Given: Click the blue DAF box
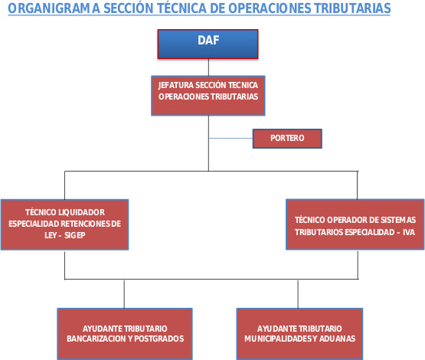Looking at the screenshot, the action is pyautogui.click(x=208, y=44).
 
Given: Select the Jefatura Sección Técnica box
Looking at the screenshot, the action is pyautogui.click(x=208, y=96).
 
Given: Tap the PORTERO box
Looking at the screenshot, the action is pyautogui.click(x=287, y=139).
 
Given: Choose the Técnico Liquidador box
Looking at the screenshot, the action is pyautogui.click(x=65, y=224).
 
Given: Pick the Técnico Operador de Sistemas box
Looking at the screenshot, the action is pyautogui.click(x=355, y=224).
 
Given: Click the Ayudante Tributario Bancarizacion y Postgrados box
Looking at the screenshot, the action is pyautogui.click(x=125, y=334).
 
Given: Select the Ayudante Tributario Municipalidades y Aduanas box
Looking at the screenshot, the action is pyautogui.click(x=299, y=334).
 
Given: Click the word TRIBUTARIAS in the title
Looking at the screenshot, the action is pyautogui.click(x=352, y=8).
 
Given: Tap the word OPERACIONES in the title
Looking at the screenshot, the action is pyautogui.click(x=270, y=8).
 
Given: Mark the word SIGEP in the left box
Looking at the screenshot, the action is pyautogui.click(x=75, y=235).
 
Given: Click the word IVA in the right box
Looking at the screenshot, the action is pyautogui.click(x=409, y=232).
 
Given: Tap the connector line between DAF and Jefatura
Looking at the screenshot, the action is pyautogui.click(x=208, y=67).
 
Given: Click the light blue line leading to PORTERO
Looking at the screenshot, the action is pyautogui.click(x=230, y=138).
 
